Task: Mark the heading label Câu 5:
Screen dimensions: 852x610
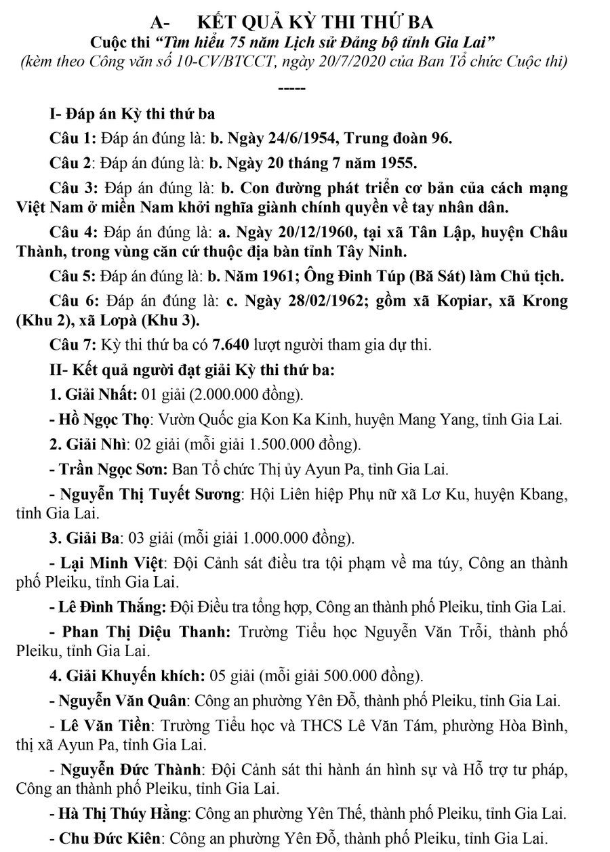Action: click(x=73, y=277)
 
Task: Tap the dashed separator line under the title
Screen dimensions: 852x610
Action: click(x=292, y=88)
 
